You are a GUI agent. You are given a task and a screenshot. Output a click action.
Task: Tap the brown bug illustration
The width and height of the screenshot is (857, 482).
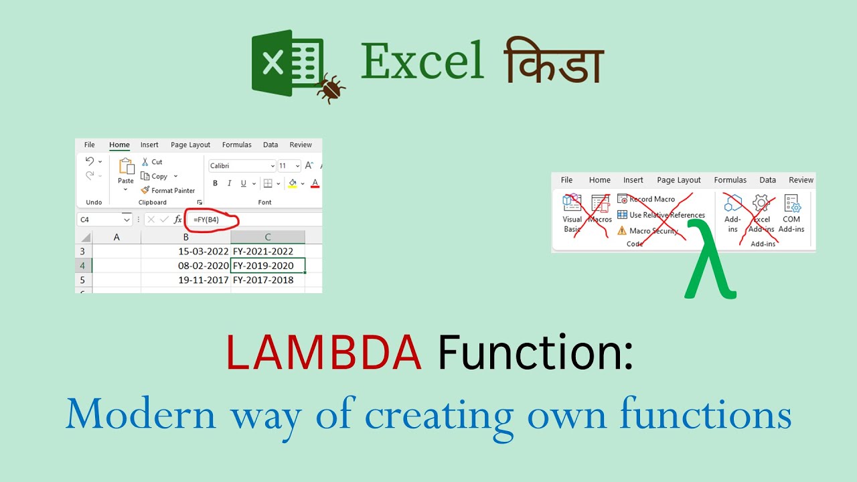[331, 88]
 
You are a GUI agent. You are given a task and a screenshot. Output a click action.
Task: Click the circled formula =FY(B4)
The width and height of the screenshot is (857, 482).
[206, 220]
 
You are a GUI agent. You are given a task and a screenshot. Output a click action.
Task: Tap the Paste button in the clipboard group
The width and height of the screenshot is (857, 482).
[126, 171]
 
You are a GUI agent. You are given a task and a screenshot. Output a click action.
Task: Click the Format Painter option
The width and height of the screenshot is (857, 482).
[168, 191]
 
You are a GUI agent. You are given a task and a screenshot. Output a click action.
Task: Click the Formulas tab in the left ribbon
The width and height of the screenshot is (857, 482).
[237, 145]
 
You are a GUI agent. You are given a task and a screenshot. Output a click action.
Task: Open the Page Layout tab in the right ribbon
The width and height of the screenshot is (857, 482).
[679, 180]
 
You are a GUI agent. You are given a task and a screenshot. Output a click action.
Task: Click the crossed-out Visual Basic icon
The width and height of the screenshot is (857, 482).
[572, 213]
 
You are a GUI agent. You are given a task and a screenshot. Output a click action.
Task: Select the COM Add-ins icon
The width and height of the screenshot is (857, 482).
[791, 213]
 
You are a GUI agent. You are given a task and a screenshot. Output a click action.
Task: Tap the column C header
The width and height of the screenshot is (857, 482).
[268, 237]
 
